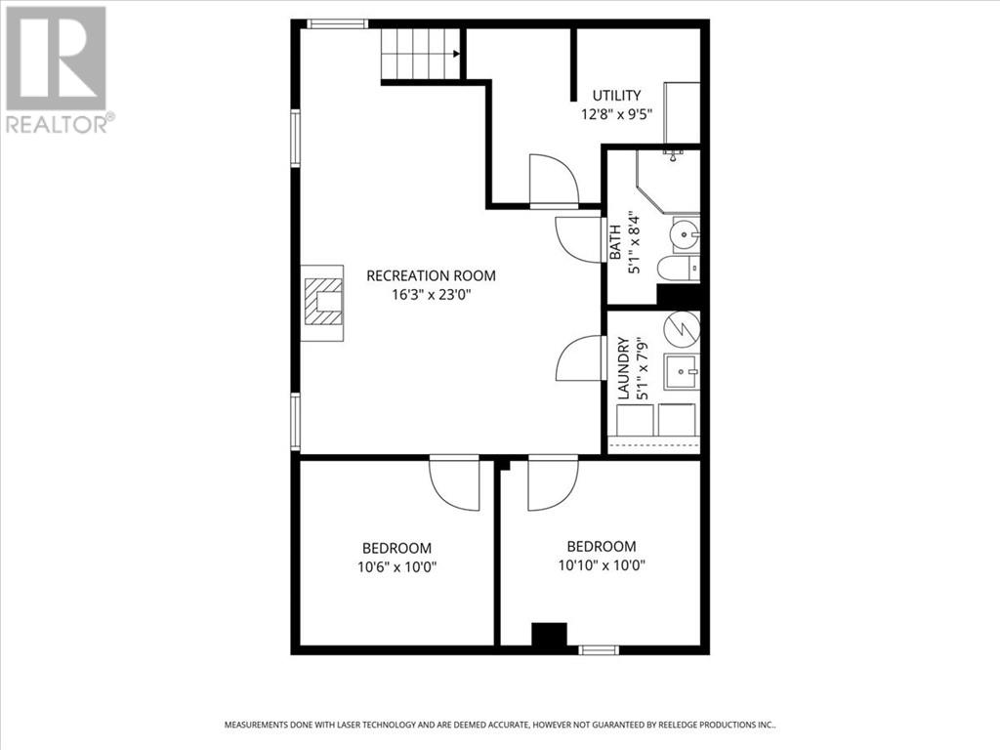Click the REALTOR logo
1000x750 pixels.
tap(56, 68)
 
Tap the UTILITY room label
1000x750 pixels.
tap(617, 96)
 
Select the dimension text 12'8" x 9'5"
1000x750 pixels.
tap(616, 113)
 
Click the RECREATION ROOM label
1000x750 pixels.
tap(431, 275)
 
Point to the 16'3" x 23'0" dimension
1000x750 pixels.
tap(431, 294)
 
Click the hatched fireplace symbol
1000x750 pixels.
tap(323, 303)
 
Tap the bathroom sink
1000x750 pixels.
tap(686, 234)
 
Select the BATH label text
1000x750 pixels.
tap(616, 242)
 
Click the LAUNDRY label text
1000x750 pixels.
tap(622, 368)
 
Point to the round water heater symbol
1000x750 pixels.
tap(682, 329)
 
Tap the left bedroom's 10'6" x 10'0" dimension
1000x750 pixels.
tap(396, 566)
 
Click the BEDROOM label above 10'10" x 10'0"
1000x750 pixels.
tap(602, 547)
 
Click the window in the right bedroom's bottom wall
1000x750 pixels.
tap(598, 649)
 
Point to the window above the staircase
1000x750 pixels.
tap(337, 23)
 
